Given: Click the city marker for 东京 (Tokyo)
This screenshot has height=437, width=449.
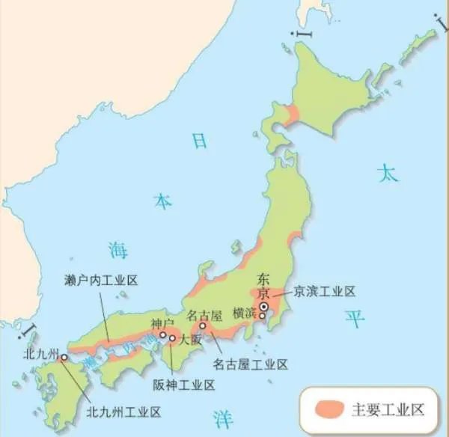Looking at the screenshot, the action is click(263, 306).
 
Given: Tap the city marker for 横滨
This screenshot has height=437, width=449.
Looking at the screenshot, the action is click(263, 316).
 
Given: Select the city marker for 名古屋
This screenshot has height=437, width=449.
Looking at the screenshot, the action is click(202, 326).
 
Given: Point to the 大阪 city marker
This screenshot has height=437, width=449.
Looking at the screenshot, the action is click(173, 338).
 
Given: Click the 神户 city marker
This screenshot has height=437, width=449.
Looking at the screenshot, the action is click(163, 335).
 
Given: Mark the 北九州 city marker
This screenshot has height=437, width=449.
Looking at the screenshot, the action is click(64, 358).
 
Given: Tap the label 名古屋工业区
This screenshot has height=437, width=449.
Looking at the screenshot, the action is click(250, 364).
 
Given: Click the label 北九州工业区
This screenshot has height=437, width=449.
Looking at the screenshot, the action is click(123, 411).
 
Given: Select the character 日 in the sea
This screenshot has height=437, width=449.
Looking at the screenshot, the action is click(198, 141).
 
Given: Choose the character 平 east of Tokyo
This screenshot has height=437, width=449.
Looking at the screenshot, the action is click(354, 320).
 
